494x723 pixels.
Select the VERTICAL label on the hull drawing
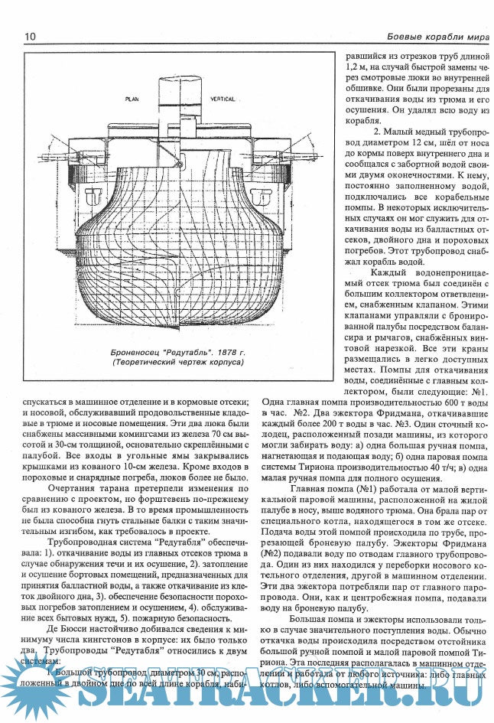(222, 100)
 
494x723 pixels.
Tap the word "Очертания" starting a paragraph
(70, 487)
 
